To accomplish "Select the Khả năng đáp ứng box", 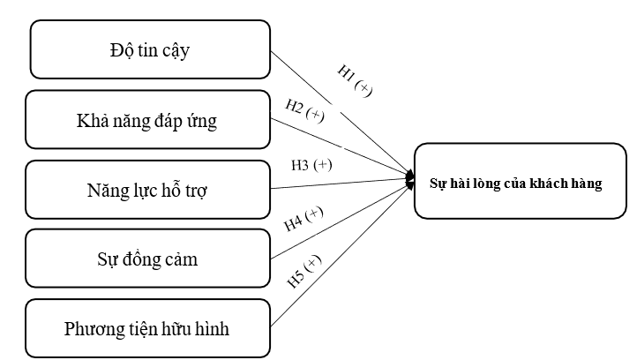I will click(146, 118).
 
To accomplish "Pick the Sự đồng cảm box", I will click(146, 259).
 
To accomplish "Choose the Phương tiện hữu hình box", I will click(146, 328).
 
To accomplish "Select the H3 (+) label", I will click(311, 165).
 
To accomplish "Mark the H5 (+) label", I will click(304, 272).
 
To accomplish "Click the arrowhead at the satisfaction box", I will click(410, 180).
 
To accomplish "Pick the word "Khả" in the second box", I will click(91, 119).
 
